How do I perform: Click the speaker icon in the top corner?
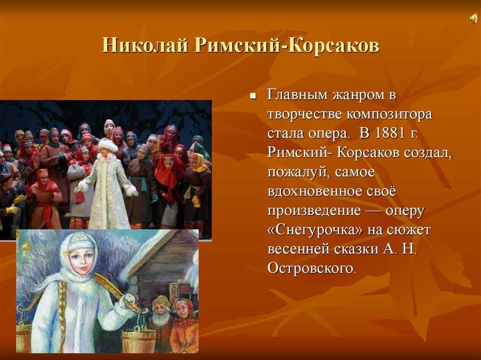tap(473, 19)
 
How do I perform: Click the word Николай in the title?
tap(145, 46)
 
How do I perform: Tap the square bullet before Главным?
tap(253, 96)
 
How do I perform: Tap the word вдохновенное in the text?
tap(315, 191)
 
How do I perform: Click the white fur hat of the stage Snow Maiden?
tap(108, 146)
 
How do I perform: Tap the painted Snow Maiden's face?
tap(82, 263)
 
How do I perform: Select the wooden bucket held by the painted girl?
tap(139, 340)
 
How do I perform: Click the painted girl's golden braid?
tap(62, 310)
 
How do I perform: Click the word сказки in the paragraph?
tap(356, 249)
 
